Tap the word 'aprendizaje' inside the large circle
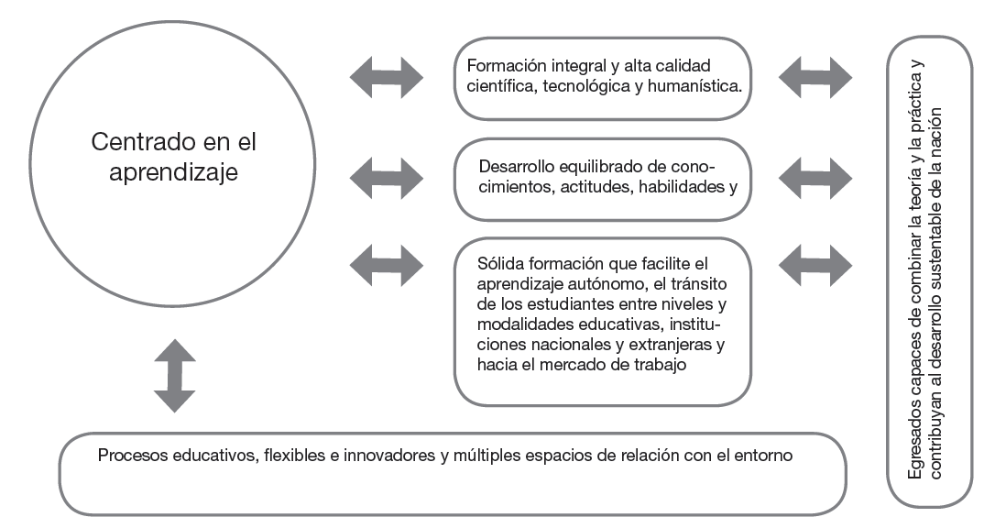pos(173,171)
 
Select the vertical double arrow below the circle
pos(174,375)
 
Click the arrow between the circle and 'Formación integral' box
pos(386,76)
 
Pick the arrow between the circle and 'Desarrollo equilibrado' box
pos(386,171)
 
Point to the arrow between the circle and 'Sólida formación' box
pos(386,265)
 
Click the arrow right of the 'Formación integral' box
pos(815,76)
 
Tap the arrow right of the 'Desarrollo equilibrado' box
pos(815,171)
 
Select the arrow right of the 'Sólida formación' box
pos(815,265)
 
